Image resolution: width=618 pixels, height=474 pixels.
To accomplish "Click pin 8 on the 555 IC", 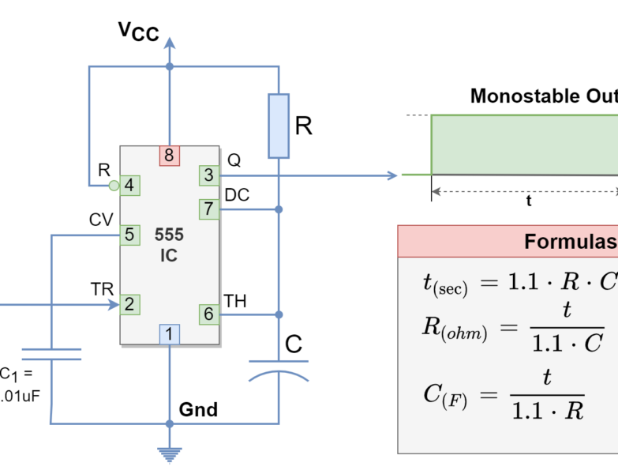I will (169, 156).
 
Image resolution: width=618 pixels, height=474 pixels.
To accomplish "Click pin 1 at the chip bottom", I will (169, 334).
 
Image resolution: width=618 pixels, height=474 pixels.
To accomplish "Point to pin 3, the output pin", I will (208, 175).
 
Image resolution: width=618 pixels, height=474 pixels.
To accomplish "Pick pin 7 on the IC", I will (208, 209).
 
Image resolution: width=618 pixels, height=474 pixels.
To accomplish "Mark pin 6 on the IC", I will (208, 314).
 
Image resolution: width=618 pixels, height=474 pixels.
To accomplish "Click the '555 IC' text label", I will (169, 245).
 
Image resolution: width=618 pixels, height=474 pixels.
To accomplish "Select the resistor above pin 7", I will (279, 126).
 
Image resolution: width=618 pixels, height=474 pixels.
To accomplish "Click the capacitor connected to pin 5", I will (51, 353).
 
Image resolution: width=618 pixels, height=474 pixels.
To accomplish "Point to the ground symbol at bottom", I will (169, 455).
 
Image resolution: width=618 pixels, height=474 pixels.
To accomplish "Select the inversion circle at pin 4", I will (114, 186).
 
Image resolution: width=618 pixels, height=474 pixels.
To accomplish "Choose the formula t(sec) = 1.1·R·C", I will (517, 283).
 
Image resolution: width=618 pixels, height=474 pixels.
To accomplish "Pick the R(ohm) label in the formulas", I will (455, 329).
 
